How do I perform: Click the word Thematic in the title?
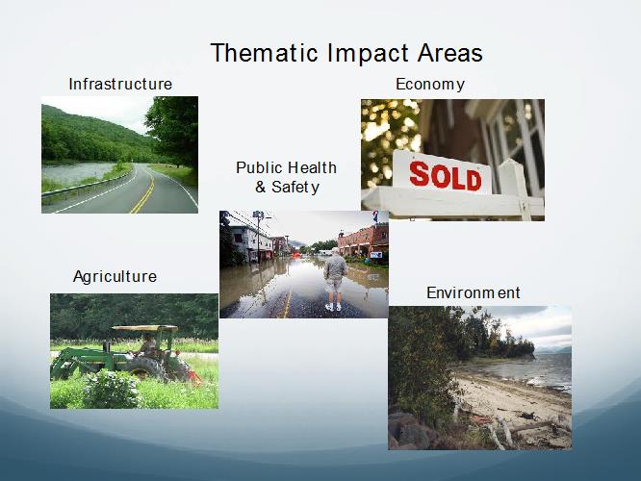(x=264, y=53)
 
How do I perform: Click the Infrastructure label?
(x=120, y=85)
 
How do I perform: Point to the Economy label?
(x=430, y=85)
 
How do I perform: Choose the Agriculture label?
(x=115, y=277)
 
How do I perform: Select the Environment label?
(x=474, y=292)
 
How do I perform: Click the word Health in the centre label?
(x=312, y=167)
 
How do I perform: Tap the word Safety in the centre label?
(x=295, y=188)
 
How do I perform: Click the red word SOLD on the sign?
(x=446, y=177)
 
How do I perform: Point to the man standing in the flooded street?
(x=335, y=281)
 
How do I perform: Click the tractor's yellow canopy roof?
(x=145, y=328)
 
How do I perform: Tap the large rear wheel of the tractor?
(x=146, y=368)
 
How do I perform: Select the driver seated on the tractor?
(x=146, y=346)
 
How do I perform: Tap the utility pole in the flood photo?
(x=258, y=236)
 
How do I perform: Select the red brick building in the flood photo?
(x=364, y=241)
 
